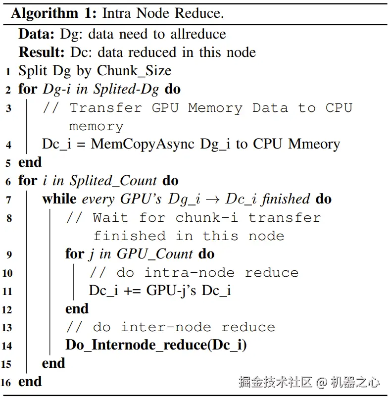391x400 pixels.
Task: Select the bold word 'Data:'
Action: click(37, 34)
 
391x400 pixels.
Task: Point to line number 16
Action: click(7, 383)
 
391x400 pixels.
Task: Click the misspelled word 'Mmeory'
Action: click(314, 144)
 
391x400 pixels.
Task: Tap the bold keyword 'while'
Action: click(59, 199)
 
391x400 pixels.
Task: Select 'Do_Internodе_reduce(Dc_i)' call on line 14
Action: click(156, 345)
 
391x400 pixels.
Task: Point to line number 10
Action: click(7, 273)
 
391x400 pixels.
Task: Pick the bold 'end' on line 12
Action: click(77, 309)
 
